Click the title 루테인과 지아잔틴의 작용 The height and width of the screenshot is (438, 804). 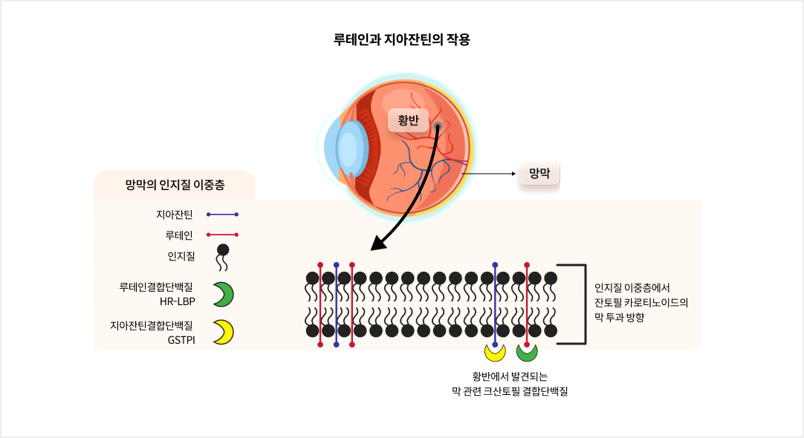pyautogui.click(x=402, y=39)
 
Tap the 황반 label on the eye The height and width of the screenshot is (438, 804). pyautogui.click(x=408, y=120)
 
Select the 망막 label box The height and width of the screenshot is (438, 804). pyautogui.click(x=539, y=174)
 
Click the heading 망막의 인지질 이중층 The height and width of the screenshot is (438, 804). pyautogui.click(x=174, y=185)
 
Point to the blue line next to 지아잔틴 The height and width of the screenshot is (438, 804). pyautogui.click(x=223, y=215)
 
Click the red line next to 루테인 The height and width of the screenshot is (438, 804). pyautogui.click(x=223, y=235)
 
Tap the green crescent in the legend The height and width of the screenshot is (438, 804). pyautogui.click(x=223, y=294)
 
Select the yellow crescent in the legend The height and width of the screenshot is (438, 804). pyautogui.click(x=223, y=332)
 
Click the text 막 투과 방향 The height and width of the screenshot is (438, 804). pyautogui.click(x=619, y=317)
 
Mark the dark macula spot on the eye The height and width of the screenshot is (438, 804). pyautogui.click(x=438, y=127)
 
